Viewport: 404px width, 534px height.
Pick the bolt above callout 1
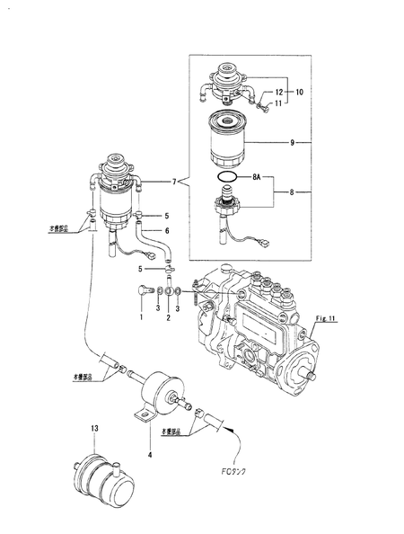tap(142, 292)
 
